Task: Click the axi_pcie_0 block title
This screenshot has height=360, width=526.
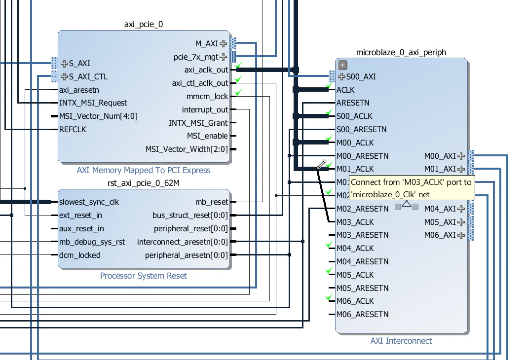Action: [143, 25]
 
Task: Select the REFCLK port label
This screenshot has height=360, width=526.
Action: [73, 129]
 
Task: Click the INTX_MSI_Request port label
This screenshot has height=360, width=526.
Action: [93, 103]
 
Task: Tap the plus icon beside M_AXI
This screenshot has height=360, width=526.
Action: [224, 43]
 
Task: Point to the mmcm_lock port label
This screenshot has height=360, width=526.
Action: [207, 96]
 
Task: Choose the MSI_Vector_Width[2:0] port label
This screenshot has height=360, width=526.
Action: [187, 149]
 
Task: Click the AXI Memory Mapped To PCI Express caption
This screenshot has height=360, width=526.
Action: [144, 171]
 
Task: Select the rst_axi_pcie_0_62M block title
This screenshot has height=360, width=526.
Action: [143, 183]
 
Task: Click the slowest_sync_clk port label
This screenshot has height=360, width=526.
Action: [89, 202]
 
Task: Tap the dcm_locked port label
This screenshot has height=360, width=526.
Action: [79, 255]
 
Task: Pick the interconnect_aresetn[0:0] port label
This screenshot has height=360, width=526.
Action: [183, 242]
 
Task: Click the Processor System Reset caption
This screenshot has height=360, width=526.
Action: [144, 276]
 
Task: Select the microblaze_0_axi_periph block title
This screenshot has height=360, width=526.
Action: [401, 52]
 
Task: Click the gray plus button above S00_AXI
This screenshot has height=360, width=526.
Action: [343, 65]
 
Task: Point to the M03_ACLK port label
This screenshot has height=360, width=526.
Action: [355, 222]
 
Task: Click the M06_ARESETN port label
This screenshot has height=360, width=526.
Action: [362, 314]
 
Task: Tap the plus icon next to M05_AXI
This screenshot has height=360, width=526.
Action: [461, 222]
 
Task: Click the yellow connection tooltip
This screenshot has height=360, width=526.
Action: [412, 188]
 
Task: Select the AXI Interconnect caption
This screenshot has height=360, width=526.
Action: [401, 341]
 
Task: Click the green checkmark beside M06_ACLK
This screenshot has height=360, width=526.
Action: [330, 297]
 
